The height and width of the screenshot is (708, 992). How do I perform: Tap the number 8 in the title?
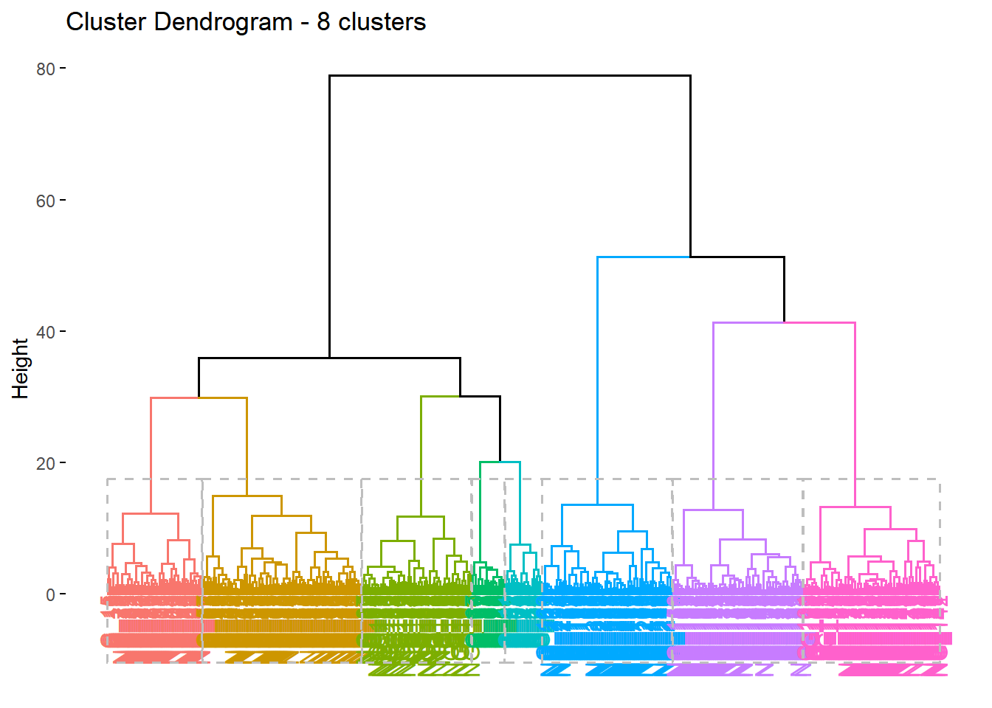coord(323,22)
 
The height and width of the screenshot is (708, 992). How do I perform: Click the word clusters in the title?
coord(382,22)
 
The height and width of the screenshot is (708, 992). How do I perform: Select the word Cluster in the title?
coord(106,22)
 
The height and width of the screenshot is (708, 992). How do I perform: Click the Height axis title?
coord(20,368)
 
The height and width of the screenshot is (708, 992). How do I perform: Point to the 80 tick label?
coord(46,69)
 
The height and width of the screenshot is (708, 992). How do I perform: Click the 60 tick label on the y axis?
coord(46,201)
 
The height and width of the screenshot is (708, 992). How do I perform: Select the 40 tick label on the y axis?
coord(46,332)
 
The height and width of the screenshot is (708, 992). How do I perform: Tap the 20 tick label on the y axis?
coord(46,463)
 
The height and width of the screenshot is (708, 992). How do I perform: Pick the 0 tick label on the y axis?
coord(50,594)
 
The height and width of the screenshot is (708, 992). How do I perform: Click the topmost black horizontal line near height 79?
coord(509,75)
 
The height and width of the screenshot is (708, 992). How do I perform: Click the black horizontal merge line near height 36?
coord(329,358)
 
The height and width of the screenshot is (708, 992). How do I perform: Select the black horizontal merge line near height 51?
coord(737,257)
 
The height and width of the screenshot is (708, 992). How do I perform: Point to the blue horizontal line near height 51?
coord(642,257)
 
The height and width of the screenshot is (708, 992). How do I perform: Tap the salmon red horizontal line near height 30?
coord(174,398)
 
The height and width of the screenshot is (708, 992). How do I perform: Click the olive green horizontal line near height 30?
coord(440,396)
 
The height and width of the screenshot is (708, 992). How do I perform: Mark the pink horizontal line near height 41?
coord(819,322)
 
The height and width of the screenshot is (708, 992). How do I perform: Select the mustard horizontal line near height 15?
coord(247,496)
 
